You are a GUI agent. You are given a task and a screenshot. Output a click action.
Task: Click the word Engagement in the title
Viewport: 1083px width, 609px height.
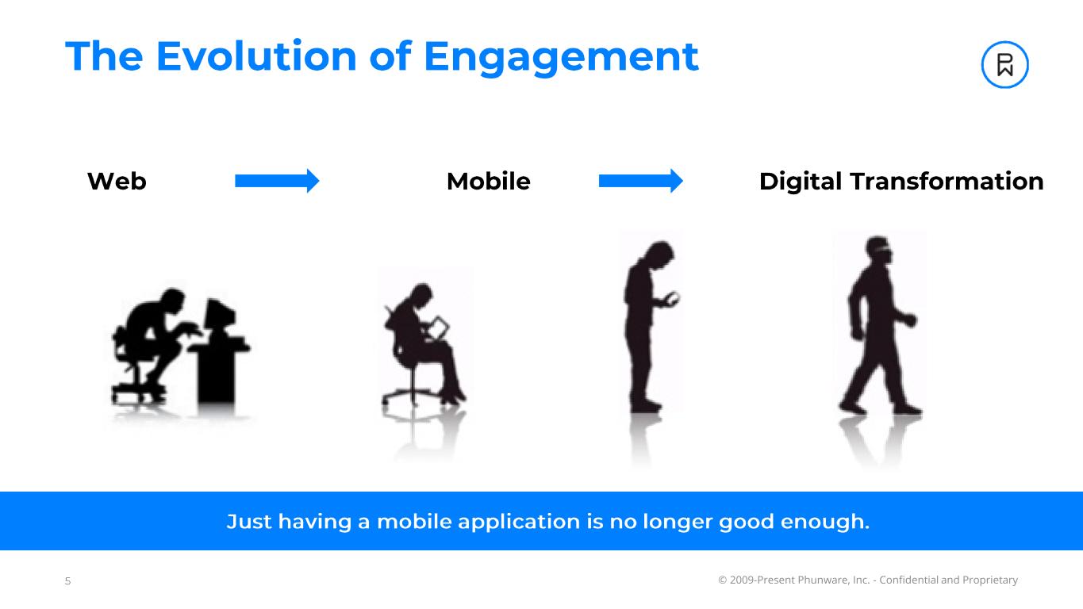(560, 58)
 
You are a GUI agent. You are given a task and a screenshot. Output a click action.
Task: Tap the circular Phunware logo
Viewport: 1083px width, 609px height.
(1004, 65)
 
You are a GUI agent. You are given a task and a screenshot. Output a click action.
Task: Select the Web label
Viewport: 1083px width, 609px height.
(117, 182)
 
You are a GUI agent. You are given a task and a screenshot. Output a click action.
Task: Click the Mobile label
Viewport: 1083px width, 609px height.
(488, 182)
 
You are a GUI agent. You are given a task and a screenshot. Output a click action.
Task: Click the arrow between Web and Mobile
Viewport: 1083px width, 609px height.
(277, 182)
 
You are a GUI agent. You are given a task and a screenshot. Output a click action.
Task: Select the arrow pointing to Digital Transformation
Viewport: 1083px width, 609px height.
(640, 182)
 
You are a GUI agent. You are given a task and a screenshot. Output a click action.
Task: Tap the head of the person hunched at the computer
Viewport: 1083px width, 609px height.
(172, 303)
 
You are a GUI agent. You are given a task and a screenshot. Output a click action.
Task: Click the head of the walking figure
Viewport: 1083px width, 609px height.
(877, 250)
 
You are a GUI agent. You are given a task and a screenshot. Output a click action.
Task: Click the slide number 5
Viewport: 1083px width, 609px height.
(67, 581)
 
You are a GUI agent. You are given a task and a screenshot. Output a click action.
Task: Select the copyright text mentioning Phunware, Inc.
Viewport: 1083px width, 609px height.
(867, 580)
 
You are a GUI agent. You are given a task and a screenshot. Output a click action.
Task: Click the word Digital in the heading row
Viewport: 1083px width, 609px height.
(801, 182)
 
